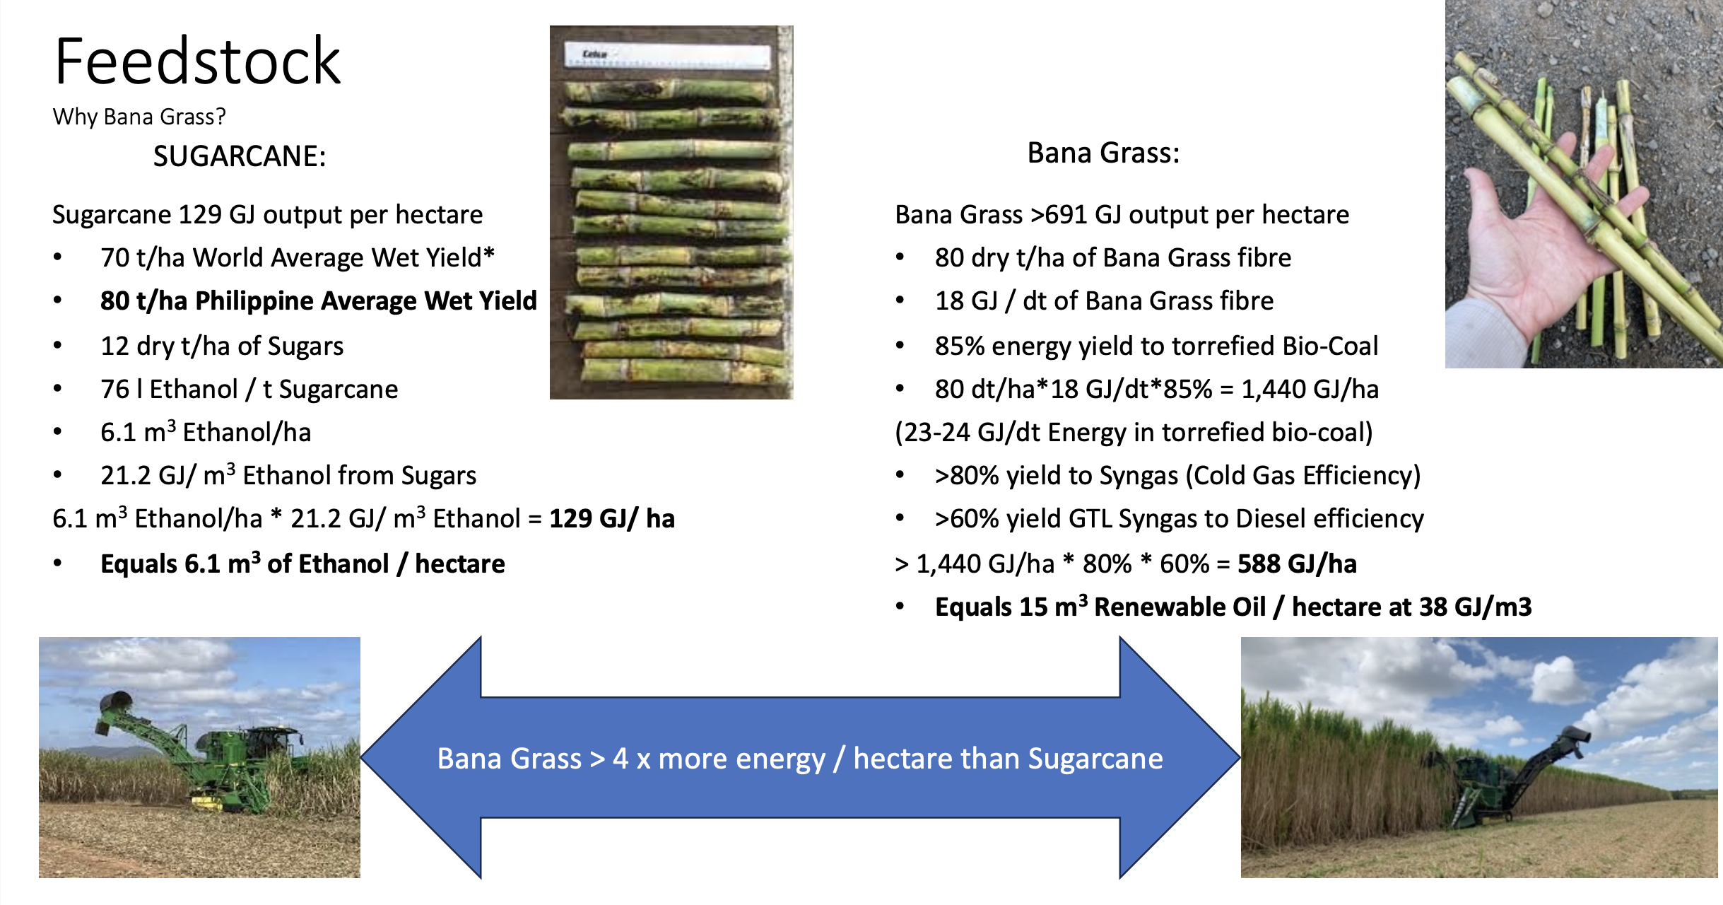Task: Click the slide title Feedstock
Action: tap(197, 61)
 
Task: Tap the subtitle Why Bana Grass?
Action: tap(139, 117)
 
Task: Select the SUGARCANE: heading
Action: tap(240, 156)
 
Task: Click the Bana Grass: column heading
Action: tap(1103, 153)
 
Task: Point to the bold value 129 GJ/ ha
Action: tap(612, 519)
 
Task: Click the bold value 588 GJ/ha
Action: tap(1297, 564)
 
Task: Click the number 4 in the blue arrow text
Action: tap(620, 759)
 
